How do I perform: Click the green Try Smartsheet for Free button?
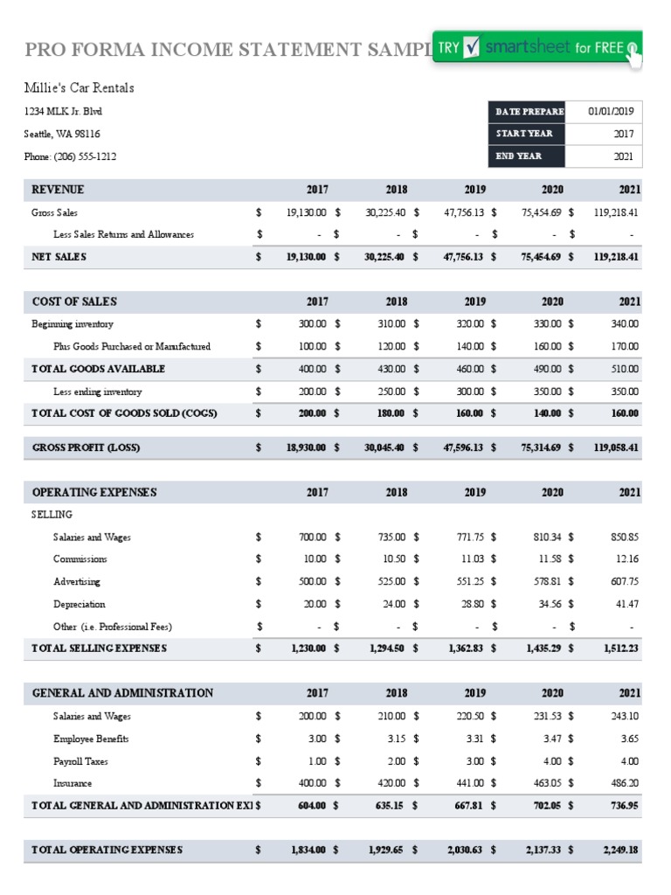click(x=537, y=49)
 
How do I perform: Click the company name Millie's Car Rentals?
click(x=79, y=88)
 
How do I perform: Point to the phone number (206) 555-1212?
click(x=70, y=156)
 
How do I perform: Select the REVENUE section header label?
click(x=58, y=190)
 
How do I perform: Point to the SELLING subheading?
click(x=52, y=515)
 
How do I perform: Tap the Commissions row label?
click(x=80, y=559)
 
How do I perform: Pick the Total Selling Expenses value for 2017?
click(x=307, y=649)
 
